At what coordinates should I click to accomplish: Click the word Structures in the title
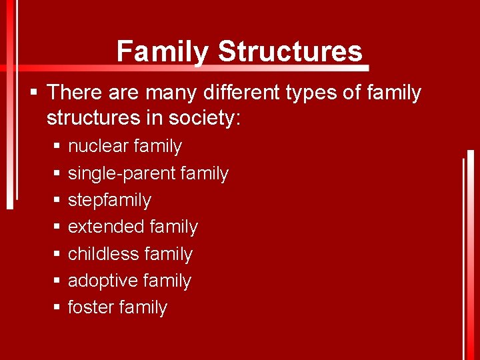(290, 51)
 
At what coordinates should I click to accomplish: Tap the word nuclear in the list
(98, 146)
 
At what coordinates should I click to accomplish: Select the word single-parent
(122, 173)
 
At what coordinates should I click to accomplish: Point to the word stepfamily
(109, 200)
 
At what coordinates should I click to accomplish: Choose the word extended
(106, 227)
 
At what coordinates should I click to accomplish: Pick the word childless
(103, 254)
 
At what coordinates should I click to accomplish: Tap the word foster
(90, 307)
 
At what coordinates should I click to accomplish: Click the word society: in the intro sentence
(206, 119)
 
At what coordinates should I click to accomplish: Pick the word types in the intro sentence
(319, 92)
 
